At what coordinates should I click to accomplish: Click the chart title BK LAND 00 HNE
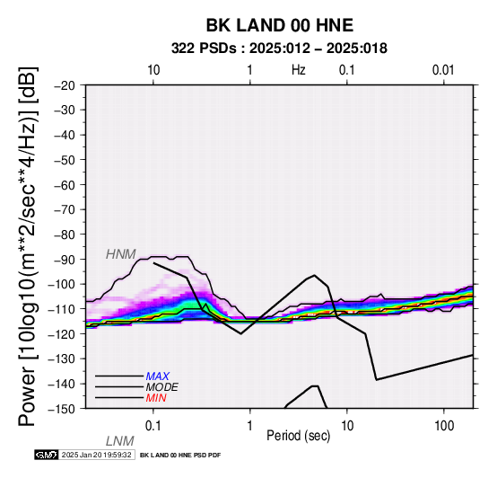click(x=280, y=25)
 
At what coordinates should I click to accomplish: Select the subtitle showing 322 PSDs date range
click(x=279, y=49)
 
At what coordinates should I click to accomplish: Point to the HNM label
click(x=121, y=254)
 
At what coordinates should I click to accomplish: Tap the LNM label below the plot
click(x=120, y=441)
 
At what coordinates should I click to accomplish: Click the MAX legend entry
click(x=157, y=376)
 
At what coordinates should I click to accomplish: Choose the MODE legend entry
click(x=162, y=387)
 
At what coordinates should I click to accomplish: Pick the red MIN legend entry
click(x=156, y=398)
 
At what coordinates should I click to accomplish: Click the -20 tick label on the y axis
click(x=65, y=85)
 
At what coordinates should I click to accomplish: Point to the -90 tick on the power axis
click(x=65, y=260)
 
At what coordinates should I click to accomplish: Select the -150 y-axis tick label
click(x=62, y=409)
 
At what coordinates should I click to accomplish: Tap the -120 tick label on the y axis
click(x=62, y=334)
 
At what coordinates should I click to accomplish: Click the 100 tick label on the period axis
click(x=444, y=426)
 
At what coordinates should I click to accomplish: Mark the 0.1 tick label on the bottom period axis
click(x=153, y=426)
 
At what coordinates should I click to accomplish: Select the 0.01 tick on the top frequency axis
click(x=443, y=70)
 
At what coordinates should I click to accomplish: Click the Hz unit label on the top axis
click(x=299, y=70)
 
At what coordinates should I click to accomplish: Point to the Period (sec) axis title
click(x=298, y=436)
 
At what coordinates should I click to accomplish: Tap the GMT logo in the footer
click(x=47, y=455)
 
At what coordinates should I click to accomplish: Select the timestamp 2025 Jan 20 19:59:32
click(x=96, y=455)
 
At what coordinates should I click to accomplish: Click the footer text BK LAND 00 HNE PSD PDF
click(x=180, y=456)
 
